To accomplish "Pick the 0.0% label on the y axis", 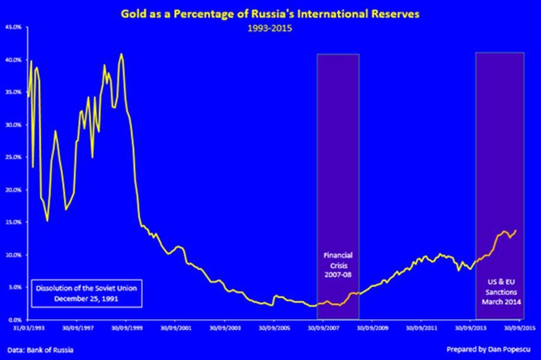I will (14, 319).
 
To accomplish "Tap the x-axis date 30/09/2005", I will (273, 326).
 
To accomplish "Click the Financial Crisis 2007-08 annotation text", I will (337, 266).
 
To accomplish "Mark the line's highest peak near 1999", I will (121, 54).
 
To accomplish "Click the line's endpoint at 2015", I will (516, 230).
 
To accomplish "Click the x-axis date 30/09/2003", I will (223, 326).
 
